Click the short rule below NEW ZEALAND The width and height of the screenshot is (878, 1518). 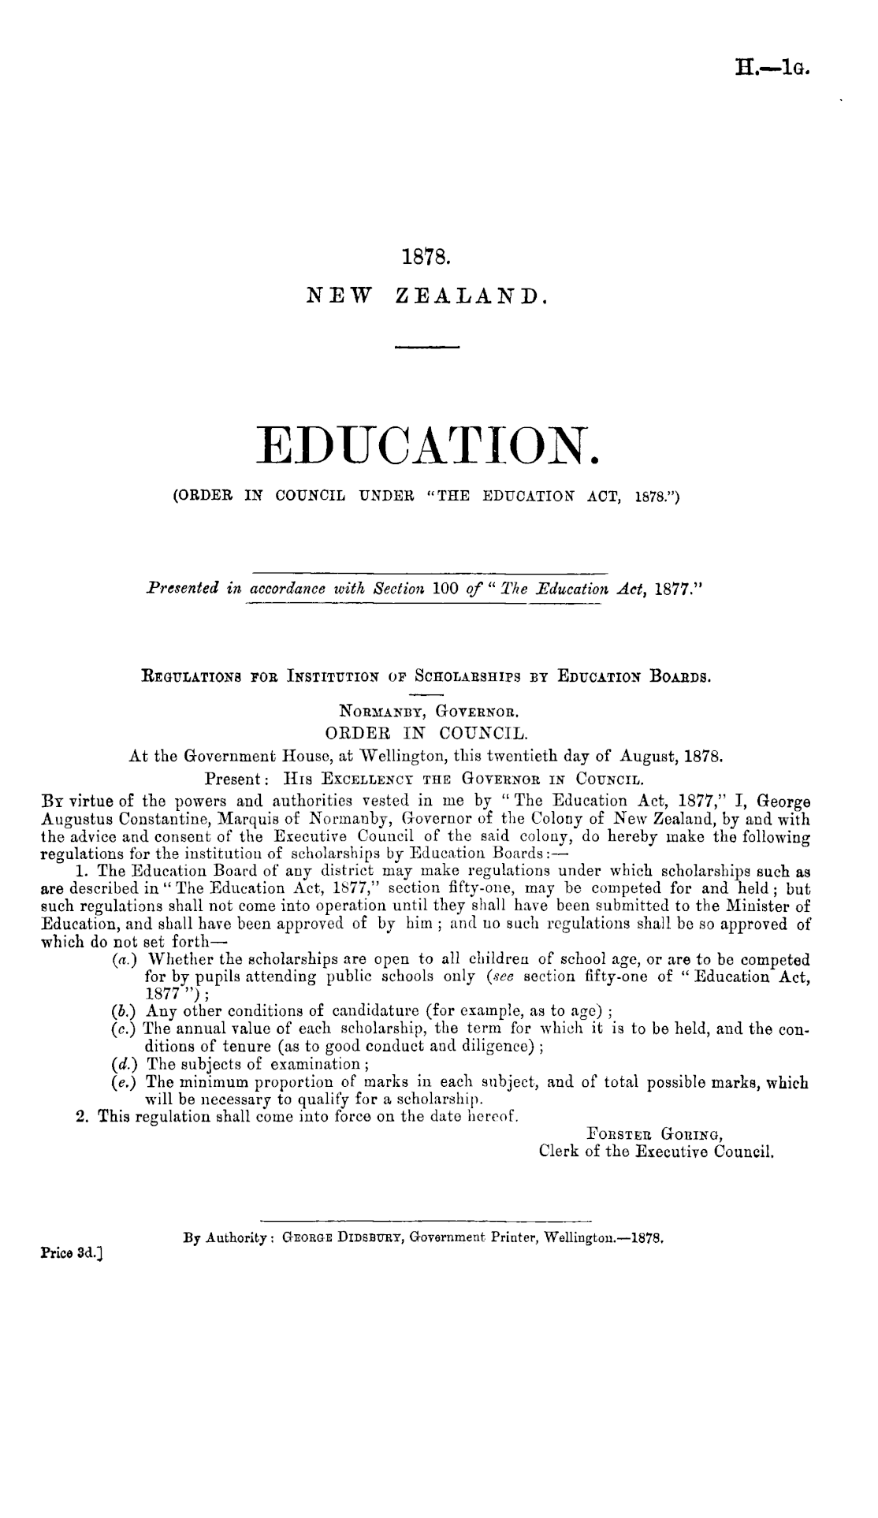pyautogui.click(x=426, y=347)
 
